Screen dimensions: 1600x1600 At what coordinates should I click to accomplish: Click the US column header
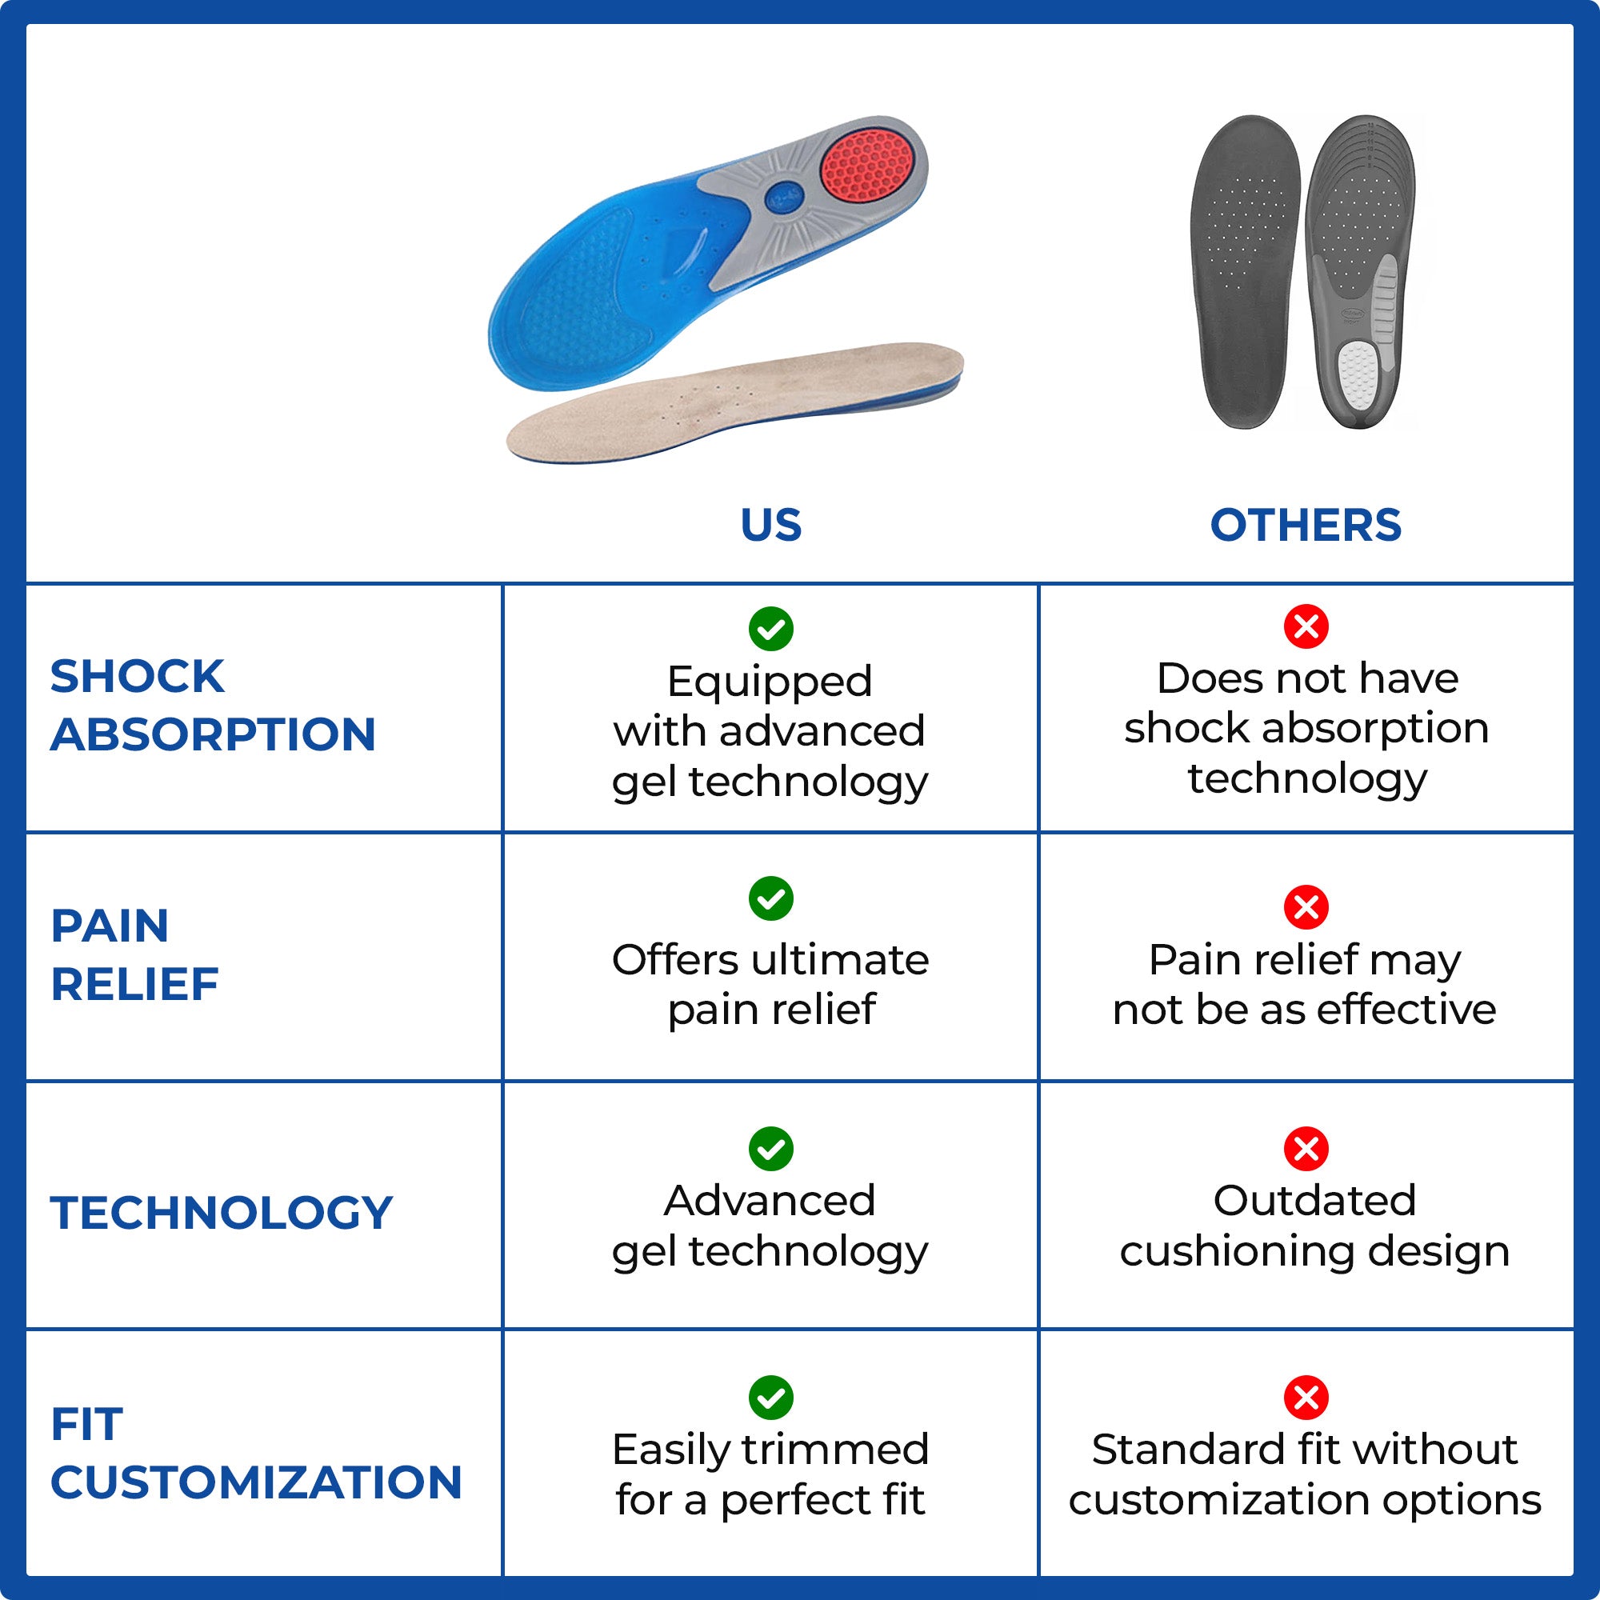click(x=770, y=525)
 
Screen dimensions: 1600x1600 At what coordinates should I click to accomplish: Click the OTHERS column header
click(x=1305, y=525)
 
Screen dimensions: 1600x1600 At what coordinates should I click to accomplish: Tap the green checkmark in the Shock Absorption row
click(x=770, y=629)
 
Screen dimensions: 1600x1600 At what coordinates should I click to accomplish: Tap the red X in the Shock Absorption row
click(x=1306, y=626)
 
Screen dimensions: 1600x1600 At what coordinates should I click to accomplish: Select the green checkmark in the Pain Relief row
click(x=770, y=898)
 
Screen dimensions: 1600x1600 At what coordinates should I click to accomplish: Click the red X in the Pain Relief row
click(x=1306, y=907)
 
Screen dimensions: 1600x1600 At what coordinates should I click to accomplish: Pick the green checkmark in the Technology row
click(x=770, y=1149)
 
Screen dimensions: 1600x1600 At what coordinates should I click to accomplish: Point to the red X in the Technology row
click(x=1306, y=1149)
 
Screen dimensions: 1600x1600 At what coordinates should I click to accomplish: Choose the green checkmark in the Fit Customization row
click(x=770, y=1398)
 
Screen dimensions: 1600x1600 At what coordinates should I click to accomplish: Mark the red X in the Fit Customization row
click(x=1306, y=1398)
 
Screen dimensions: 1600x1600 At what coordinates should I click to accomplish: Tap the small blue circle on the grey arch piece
click(x=782, y=197)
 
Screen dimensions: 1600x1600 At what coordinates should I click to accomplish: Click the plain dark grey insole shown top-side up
click(x=1244, y=274)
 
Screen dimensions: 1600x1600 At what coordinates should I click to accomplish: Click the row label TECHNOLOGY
click(x=221, y=1213)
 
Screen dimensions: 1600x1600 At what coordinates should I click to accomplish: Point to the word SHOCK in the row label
click(x=138, y=677)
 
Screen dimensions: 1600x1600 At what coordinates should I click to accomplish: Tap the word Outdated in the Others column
click(x=1314, y=1200)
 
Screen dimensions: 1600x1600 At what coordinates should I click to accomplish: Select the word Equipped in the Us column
click(x=770, y=682)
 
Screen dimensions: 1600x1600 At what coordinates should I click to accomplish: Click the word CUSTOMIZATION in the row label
click(x=256, y=1482)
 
